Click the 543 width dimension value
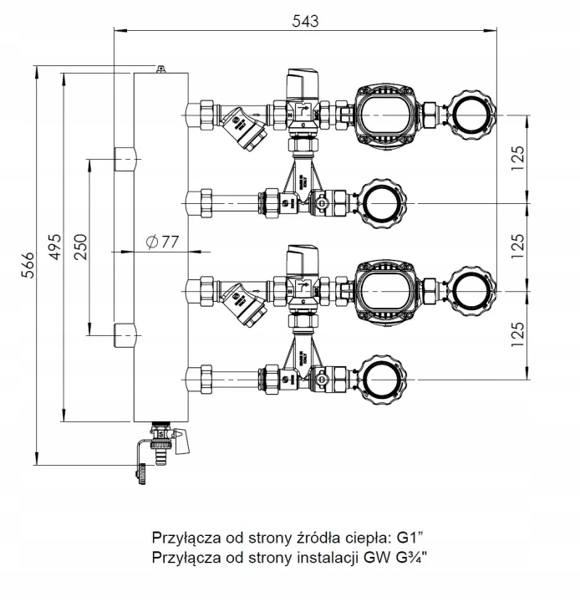pos(306,21)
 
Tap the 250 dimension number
pos(81,248)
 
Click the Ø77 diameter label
pos(161,242)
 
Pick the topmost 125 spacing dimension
pos(518,157)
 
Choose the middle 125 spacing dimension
pos(518,243)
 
